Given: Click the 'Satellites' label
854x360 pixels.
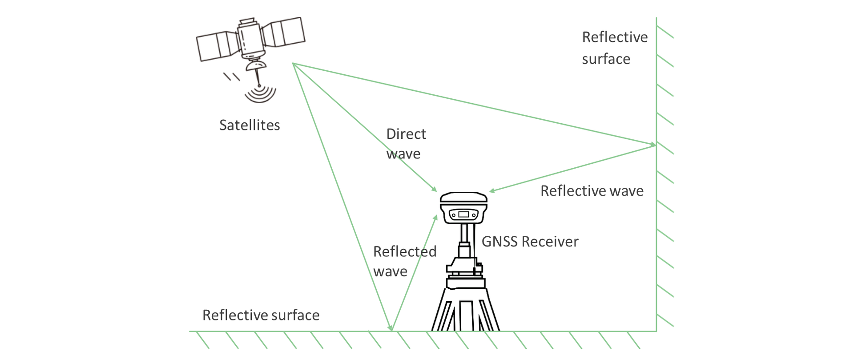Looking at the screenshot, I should click(x=250, y=125).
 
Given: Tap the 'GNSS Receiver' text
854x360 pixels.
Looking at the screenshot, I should click(x=530, y=242).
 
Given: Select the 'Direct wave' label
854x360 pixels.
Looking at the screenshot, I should click(x=406, y=144).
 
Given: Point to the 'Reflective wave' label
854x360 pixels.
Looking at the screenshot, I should click(x=592, y=191).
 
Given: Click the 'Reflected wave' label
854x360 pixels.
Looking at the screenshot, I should click(x=404, y=261).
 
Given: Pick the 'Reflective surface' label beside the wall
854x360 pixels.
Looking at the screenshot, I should click(x=614, y=48).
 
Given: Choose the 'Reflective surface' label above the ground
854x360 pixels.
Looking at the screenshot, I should click(x=261, y=315).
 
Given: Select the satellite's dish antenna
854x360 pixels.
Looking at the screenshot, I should click(x=256, y=66).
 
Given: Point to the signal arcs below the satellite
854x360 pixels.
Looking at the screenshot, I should click(x=261, y=93).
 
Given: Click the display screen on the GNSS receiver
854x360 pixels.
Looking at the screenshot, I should click(x=464, y=214).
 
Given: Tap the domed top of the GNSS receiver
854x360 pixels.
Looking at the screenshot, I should click(x=464, y=197).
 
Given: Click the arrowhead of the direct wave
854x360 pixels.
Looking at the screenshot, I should click(x=435, y=190).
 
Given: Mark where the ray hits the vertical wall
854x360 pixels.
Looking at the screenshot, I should click(x=656, y=145).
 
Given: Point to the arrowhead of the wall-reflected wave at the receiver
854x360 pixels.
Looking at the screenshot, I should click(x=491, y=191).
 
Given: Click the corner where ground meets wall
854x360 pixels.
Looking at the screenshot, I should click(x=656, y=331).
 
